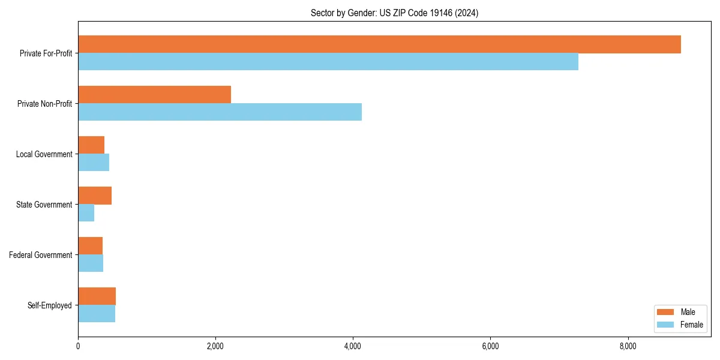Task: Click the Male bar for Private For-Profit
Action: point(379,44)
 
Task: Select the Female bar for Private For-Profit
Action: point(328,62)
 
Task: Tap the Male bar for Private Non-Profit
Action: point(154,95)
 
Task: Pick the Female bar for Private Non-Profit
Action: point(220,112)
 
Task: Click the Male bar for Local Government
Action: point(91,145)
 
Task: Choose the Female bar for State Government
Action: point(86,213)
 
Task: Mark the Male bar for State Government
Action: point(95,196)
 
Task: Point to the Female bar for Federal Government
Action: point(91,263)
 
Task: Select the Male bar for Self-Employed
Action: point(97,296)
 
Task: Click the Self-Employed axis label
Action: point(49,305)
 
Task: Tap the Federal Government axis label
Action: point(40,255)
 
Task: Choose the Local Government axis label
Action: point(44,154)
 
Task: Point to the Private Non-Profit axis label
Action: point(44,104)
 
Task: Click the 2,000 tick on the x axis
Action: point(215,346)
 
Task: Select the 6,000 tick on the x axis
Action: point(490,346)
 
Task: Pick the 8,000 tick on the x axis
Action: point(628,346)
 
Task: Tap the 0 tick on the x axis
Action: point(78,346)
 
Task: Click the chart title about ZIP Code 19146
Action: point(394,13)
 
